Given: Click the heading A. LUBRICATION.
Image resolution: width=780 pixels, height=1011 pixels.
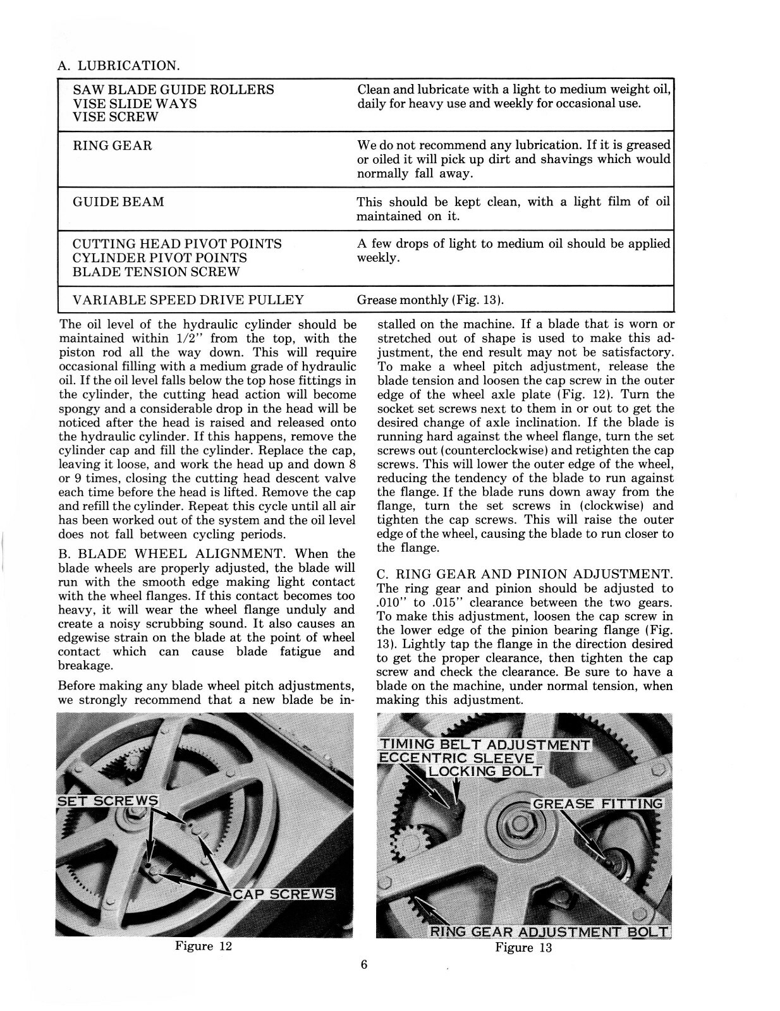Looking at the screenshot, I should [x=118, y=65].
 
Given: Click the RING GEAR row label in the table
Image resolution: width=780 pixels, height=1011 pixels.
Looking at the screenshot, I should [x=113, y=146].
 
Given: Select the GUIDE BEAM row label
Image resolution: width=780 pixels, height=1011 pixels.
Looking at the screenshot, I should [x=118, y=202].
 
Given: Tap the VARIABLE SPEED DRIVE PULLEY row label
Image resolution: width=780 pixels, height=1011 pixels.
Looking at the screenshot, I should [x=188, y=300].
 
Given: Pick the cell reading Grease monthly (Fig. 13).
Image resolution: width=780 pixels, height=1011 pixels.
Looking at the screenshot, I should [x=430, y=300].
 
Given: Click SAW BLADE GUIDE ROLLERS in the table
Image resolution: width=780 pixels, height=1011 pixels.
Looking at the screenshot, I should [x=173, y=90].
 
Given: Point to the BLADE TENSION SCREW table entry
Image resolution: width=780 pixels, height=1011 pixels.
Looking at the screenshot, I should [x=156, y=272].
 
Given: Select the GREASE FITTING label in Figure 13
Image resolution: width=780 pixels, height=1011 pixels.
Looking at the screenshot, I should [x=598, y=804].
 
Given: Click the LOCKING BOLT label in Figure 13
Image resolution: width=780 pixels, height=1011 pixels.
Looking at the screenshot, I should [x=485, y=771].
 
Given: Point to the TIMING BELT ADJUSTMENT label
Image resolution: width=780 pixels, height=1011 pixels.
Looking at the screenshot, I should [x=484, y=744].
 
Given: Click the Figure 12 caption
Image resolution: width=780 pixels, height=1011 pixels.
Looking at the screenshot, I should [x=204, y=946].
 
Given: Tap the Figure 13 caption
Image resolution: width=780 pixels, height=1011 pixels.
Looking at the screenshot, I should [x=523, y=947].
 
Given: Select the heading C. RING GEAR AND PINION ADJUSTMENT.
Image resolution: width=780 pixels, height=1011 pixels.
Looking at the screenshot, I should [x=525, y=574].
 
